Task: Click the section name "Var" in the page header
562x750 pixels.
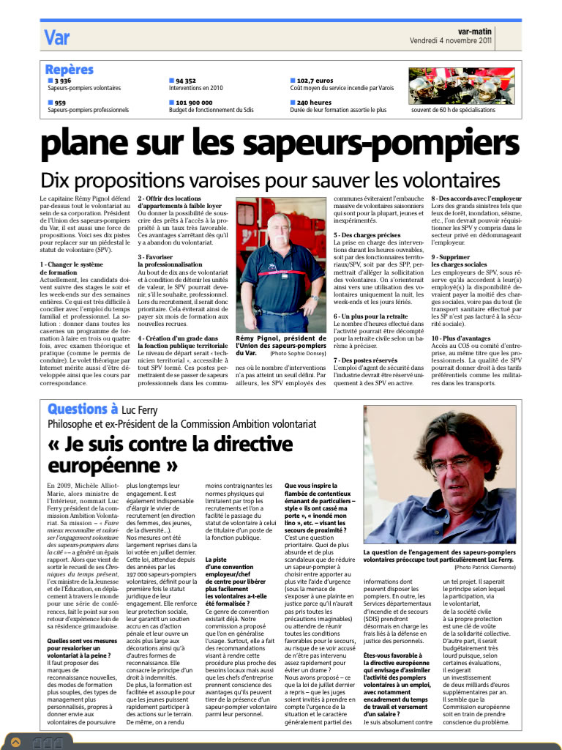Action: (x=56, y=37)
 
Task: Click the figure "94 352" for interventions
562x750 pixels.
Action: (x=186, y=81)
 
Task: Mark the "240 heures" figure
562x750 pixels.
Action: (x=313, y=103)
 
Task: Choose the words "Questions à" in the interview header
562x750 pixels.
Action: (x=83, y=409)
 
